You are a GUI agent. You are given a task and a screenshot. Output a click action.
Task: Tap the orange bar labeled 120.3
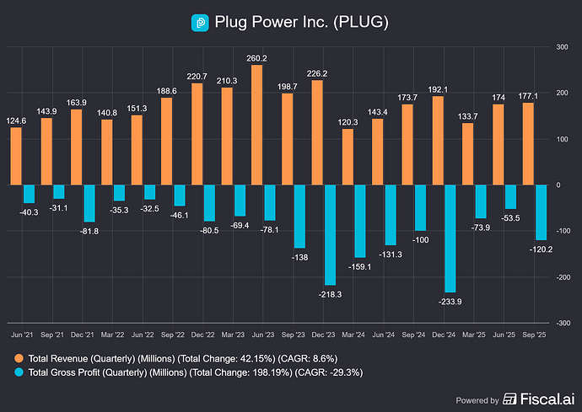point(347,157)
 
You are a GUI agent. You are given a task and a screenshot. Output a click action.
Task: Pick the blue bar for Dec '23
point(331,234)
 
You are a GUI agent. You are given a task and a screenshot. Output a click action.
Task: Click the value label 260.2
point(234,58)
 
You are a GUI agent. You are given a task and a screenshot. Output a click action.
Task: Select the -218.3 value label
point(330,293)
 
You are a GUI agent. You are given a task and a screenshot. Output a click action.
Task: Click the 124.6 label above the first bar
point(15,120)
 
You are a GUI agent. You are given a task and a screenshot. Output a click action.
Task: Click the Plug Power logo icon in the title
point(199,23)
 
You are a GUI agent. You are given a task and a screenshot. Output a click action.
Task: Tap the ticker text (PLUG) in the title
point(358,23)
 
